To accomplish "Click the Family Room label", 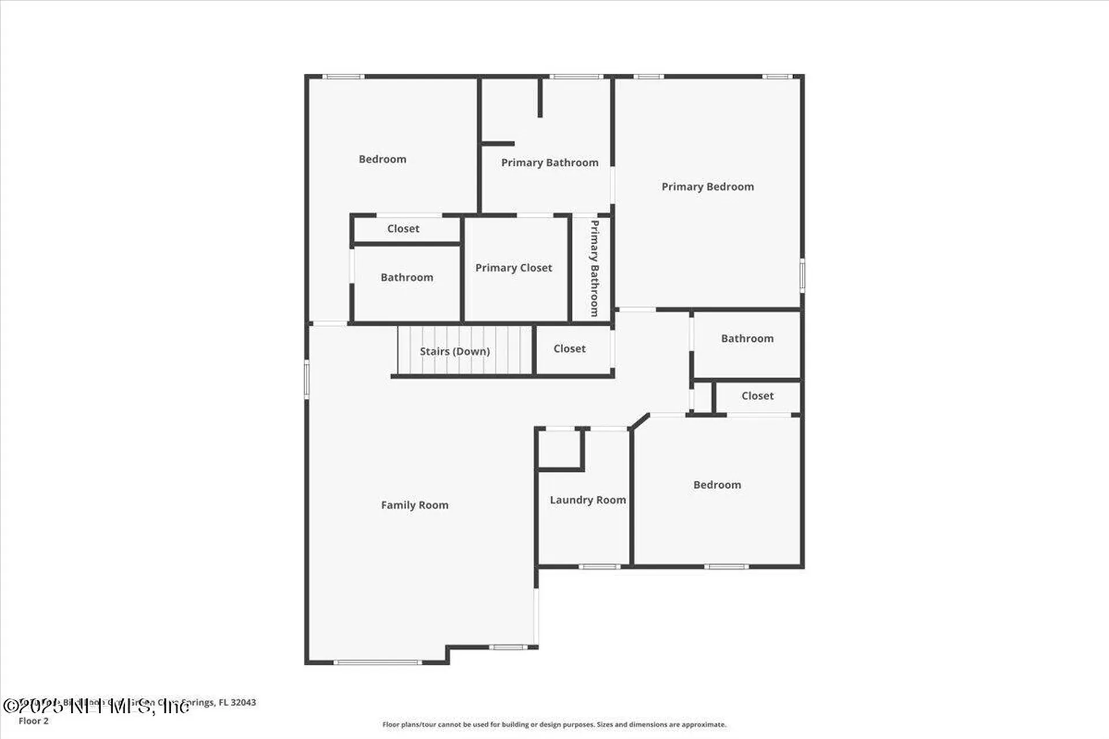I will coord(414,505).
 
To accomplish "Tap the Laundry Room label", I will coord(587,500).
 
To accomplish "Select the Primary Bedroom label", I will coord(707,186).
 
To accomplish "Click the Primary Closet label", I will coord(513,268).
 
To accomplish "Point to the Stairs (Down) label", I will coord(455,351).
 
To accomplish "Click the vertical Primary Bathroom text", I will coord(594,268).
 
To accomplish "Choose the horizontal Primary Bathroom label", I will coord(549,163).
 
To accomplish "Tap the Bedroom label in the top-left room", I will coord(382,159).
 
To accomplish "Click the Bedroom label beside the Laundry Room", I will coord(717,485).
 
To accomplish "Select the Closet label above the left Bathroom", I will coord(403,229).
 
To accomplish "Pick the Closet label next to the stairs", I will coord(569,349).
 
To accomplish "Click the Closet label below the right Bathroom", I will coord(757,396).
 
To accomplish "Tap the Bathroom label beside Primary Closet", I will coord(407,278).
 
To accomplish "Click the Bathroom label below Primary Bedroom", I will coord(747,339).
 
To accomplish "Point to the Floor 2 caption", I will coord(34,721).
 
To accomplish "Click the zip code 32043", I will coord(243,703).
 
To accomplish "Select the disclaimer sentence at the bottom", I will coord(554,725).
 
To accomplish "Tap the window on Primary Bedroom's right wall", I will coord(802,275).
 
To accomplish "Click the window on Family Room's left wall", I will coord(307,379).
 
